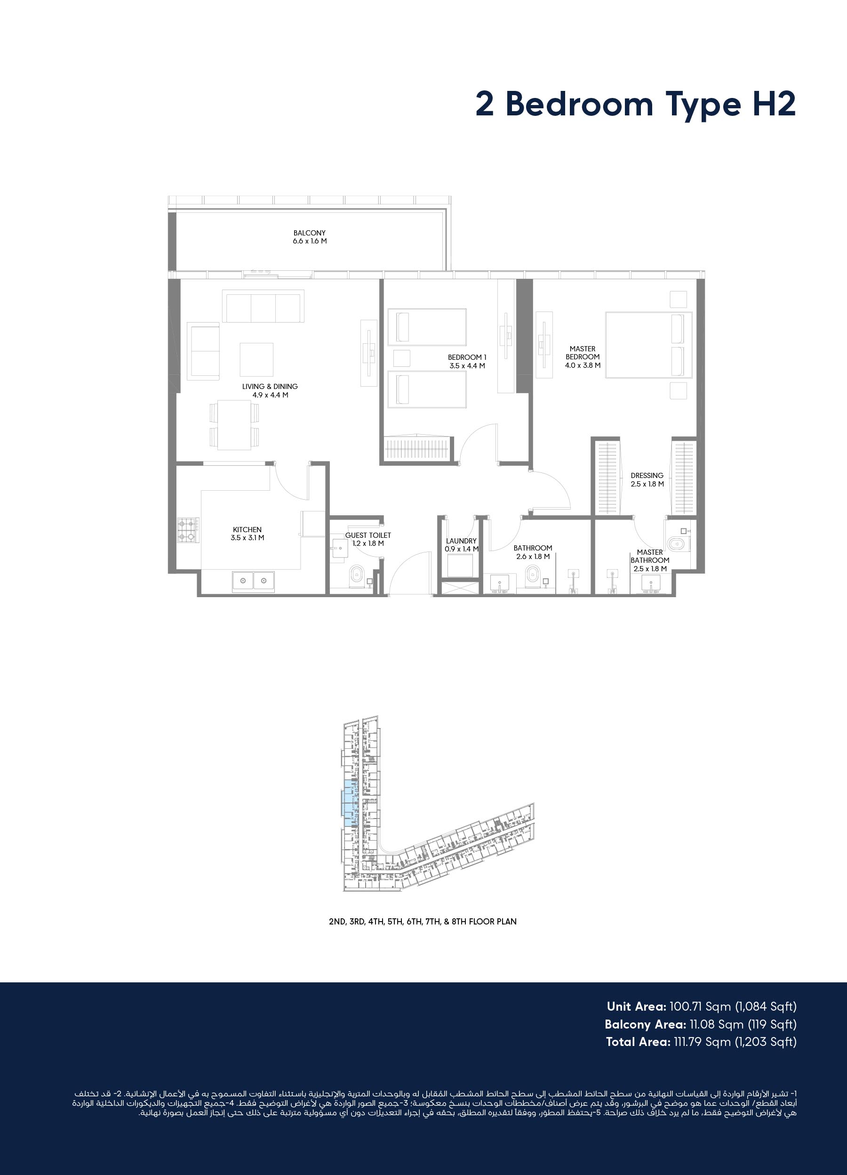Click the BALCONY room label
pos(310,233)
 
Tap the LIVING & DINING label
pos(270,387)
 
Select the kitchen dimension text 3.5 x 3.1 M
pos(248,538)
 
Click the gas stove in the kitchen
pos(188,530)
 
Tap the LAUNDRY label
pos(461,541)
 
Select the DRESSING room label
pos(647,476)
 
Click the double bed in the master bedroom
pos(649,345)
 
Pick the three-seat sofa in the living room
pos(263,306)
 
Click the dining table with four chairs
pos(235,425)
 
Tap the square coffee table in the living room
pos(256,359)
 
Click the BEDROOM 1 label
pos(467,357)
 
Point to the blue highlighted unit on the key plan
pos(350,803)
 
